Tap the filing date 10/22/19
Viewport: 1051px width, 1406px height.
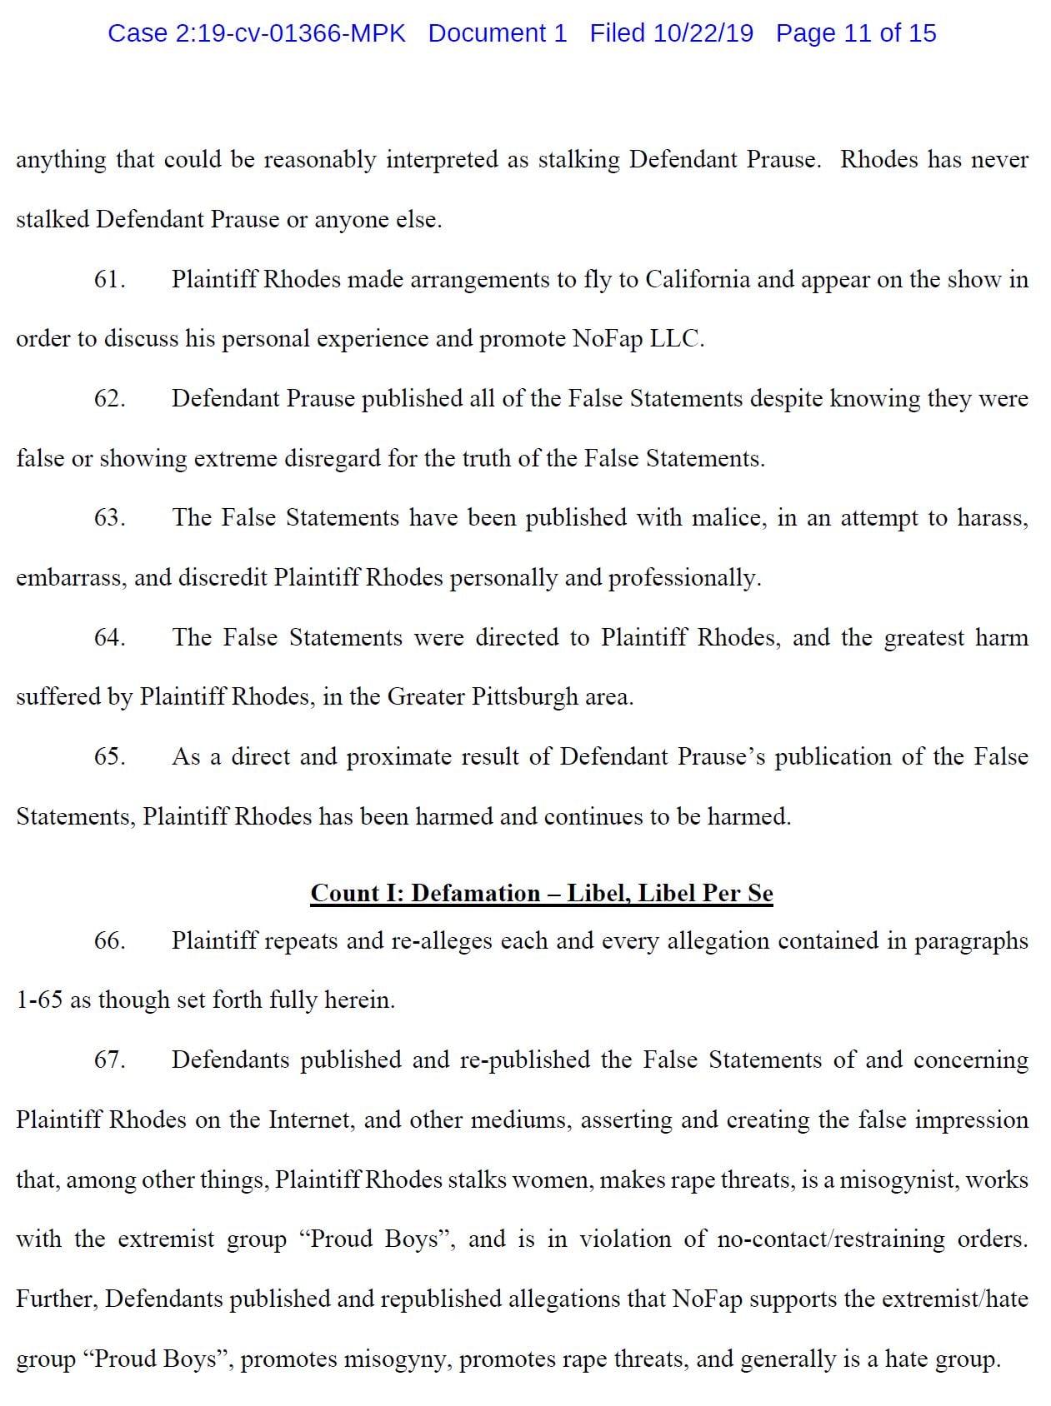(703, 33)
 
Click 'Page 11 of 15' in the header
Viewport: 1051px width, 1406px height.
(855, 33)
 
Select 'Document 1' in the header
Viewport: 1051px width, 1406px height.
(497, 33)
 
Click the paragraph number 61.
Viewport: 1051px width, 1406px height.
(109, 279)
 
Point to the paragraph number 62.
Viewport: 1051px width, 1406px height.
(109, 398)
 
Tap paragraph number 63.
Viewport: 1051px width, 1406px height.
(109, 517)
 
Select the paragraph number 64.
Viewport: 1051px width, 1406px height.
(109, 637)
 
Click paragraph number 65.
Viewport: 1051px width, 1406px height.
(109, 756)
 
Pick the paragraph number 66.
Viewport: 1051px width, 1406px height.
(109, 940)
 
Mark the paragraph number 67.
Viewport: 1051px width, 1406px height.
(109, 1059)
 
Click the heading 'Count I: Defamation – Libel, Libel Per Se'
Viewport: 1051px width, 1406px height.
(542, 893)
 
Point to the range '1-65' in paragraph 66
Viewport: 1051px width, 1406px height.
(39, 1000)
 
